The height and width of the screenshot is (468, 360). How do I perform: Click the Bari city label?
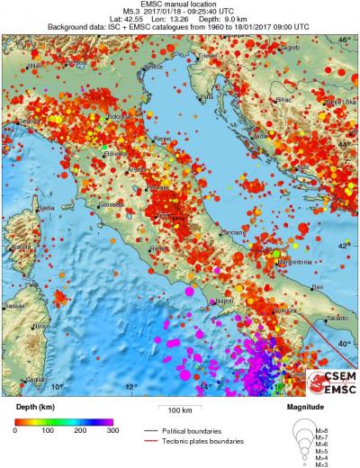292,286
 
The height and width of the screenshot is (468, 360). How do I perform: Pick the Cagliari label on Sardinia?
36,379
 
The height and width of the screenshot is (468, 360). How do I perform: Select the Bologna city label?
120,117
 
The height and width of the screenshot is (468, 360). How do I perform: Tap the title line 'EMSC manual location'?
180,4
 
